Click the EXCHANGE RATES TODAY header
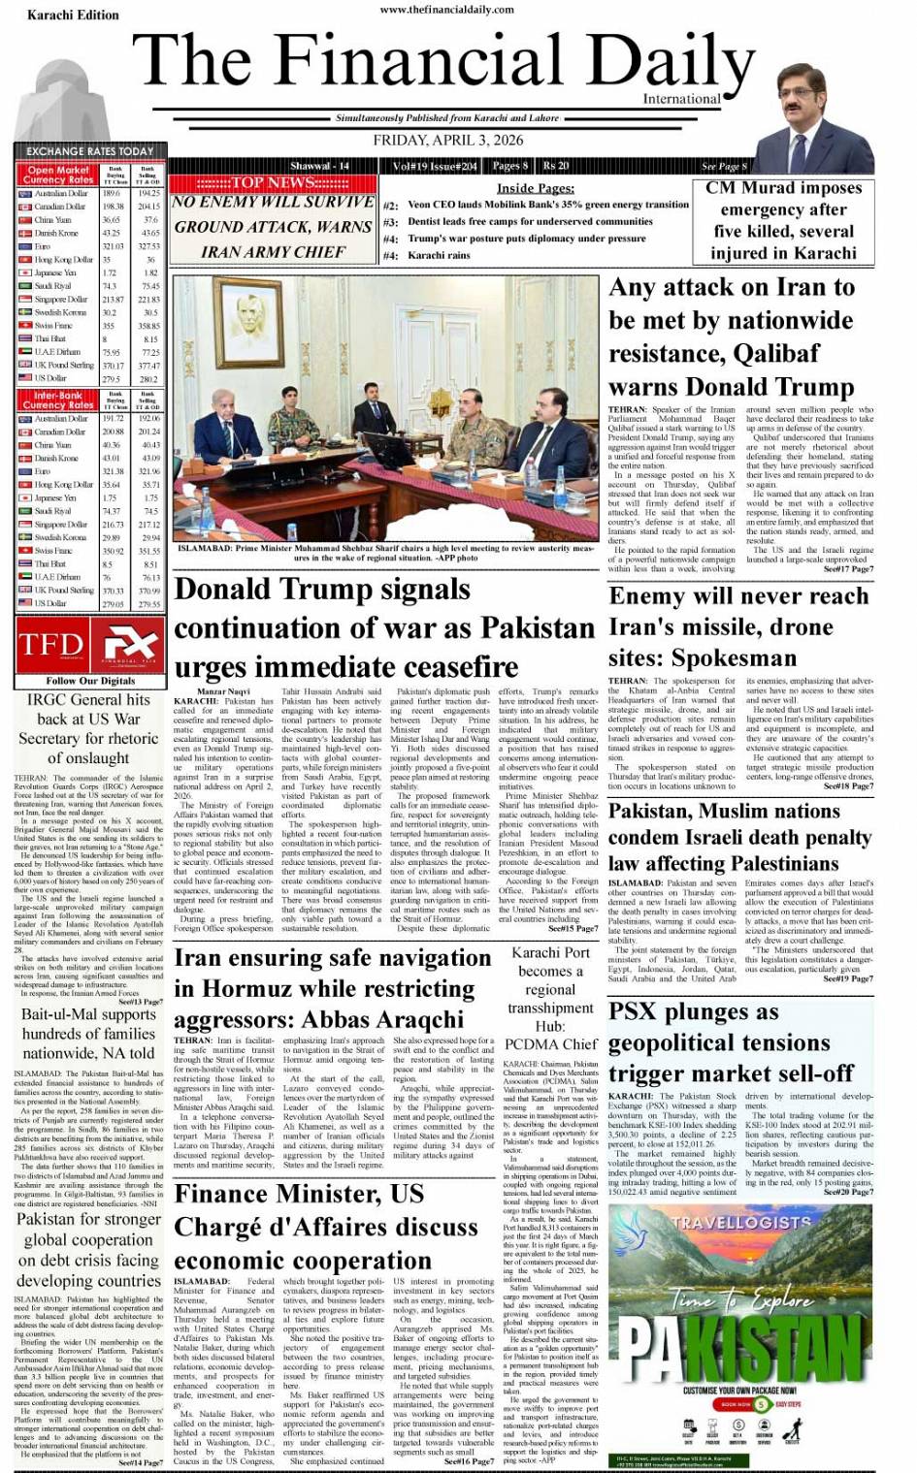(x=89, y=151)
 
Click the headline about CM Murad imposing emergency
(x=783, y=220)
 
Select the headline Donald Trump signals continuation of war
(x=383, y=627)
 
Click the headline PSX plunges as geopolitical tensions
(x=731, y=1042)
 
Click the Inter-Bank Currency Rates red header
(x=58, y=400)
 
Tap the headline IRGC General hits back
(x=88, y=728)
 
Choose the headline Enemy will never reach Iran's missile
(x=737, y=626)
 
